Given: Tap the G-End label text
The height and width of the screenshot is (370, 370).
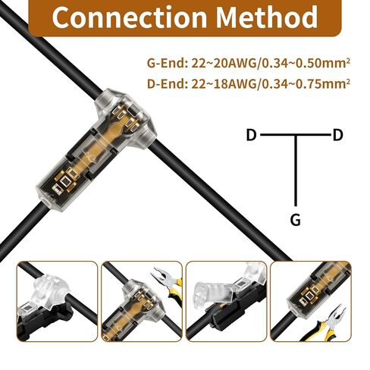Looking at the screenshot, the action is (x=167, y=63).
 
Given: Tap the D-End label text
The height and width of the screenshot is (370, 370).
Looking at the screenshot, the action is (x=167, y=83).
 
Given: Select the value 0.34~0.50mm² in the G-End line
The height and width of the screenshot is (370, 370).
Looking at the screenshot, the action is (x=305, y=63).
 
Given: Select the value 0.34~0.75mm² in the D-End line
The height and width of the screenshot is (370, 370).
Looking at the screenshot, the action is (x=305, y=83).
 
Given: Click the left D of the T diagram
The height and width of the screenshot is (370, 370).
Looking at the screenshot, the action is (x=251, y=135).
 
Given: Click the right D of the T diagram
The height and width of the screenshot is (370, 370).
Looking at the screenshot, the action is (x=337, y=135).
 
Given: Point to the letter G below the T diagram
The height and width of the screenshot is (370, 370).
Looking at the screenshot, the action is (x=295, y=220).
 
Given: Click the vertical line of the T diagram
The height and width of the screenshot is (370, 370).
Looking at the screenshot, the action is (x=296, y=171).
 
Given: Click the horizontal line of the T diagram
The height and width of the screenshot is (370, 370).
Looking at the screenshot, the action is (x=295, y=135).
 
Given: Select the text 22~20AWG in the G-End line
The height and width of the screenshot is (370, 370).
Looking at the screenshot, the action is (x=224, y=63).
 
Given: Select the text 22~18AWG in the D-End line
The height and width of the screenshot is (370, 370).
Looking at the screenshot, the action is (x=224, y=83).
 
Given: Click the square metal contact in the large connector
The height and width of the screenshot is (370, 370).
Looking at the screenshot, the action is (x=66, y=180).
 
